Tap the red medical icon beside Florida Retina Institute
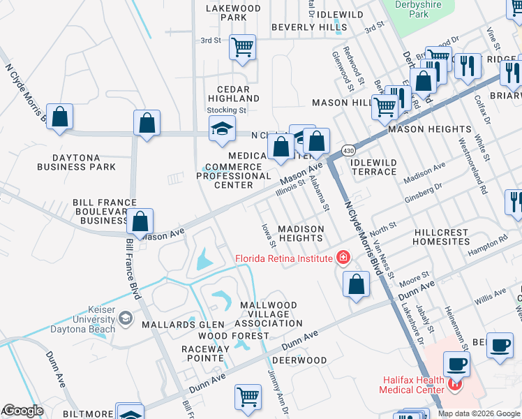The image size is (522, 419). [x=343, y=258]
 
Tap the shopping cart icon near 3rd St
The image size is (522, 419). [x=242, y=48]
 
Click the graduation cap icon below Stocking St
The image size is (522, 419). [x=222, y=128]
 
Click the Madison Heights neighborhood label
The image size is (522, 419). [x=301, y=233]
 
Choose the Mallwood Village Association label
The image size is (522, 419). [x=269, y=314]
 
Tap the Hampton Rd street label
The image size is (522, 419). [x=493, y=242]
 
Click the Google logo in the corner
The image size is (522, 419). [x=22, y=411]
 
